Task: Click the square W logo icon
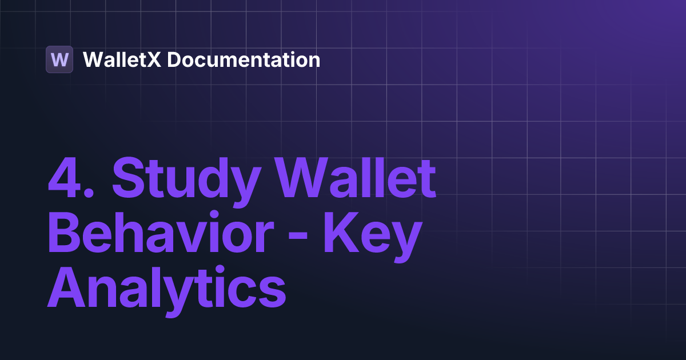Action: click(x=59, y=59)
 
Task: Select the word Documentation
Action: click(x=244, y=59)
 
